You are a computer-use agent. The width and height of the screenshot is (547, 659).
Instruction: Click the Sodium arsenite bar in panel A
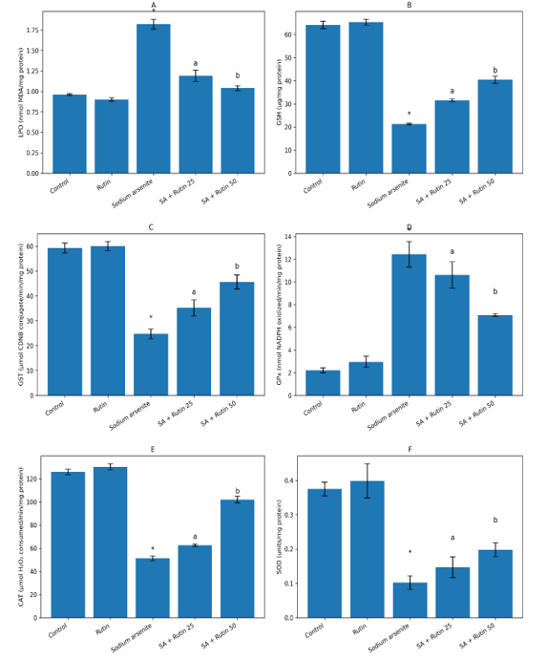tap(153, 99)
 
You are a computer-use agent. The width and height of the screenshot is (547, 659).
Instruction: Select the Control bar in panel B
tap(323, 99)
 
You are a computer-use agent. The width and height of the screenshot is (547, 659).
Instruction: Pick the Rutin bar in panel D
tap(366, 379)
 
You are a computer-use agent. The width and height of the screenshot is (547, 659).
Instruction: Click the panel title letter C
tap(151, 227)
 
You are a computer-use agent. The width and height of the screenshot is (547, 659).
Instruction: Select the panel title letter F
tap(410, 449)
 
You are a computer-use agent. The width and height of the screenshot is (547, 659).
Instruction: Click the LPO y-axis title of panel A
tap(21, 93)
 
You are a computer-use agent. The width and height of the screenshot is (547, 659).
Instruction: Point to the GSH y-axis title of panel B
tap(279, 93)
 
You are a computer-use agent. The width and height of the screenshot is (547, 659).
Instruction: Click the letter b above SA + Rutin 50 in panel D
tap(495, 292)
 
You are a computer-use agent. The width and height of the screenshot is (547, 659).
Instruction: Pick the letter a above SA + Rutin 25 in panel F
tap(452, 538)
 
